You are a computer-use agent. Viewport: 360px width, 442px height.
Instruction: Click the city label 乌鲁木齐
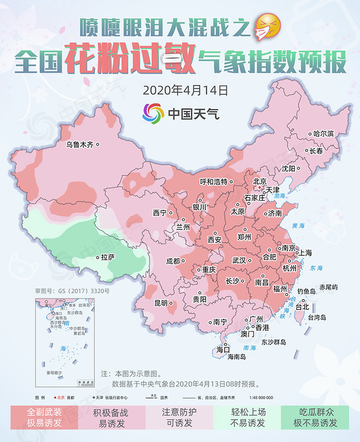click(x=79, y=145)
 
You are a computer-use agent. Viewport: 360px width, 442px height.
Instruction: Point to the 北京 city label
click(x=259, y=182)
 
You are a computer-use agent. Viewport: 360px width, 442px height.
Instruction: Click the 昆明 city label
click(x=161, y=303)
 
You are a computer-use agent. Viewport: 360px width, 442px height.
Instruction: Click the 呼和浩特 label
click(x=214, y=182)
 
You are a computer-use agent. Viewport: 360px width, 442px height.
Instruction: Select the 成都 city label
click(x=172, y=261)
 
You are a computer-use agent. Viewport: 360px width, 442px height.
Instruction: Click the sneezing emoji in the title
click(x=268, y=25)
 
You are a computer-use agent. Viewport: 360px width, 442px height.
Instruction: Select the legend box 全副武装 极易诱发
click(x=45, y=417)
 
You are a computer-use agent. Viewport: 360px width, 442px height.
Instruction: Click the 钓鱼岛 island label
click(x=305, y=291)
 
